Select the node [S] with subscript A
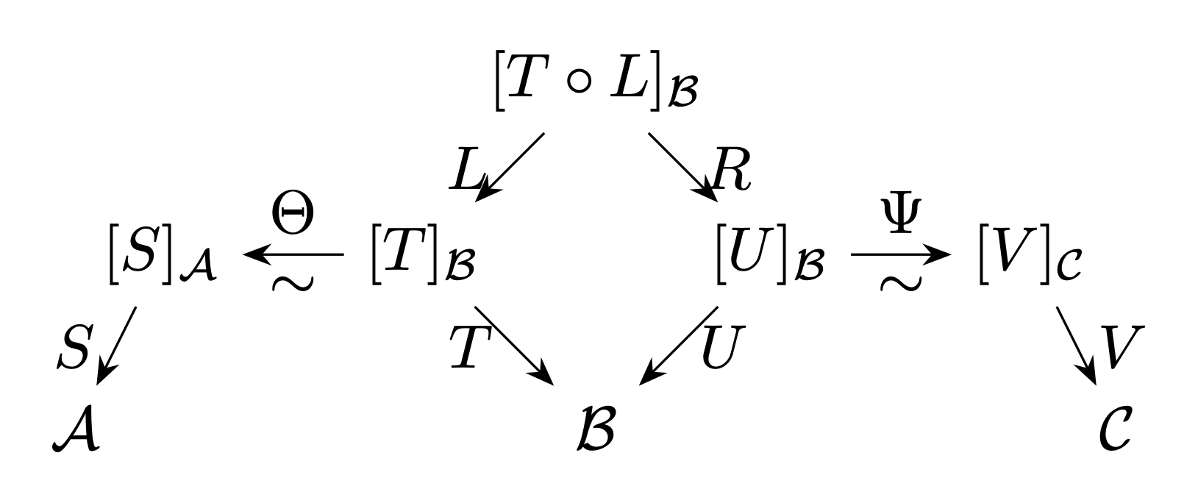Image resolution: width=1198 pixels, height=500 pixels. (x=163, y=254)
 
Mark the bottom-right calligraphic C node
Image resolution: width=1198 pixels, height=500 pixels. (x=1116, y=429)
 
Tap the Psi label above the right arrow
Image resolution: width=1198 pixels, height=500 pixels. (x=901, y=215)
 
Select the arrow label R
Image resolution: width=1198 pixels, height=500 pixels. (x=732, y=169)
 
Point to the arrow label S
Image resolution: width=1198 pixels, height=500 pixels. (x=76, y=347)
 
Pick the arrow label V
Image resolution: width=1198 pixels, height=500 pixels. (x=1122, y=347)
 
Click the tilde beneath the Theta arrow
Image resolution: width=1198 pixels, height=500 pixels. (x=293, y=283)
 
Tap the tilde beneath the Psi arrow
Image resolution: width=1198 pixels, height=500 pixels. (x=901, y=283)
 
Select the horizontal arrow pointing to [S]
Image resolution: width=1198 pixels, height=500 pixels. (x=293, y=254)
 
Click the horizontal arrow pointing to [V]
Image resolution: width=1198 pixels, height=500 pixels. (x=901, y=254)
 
